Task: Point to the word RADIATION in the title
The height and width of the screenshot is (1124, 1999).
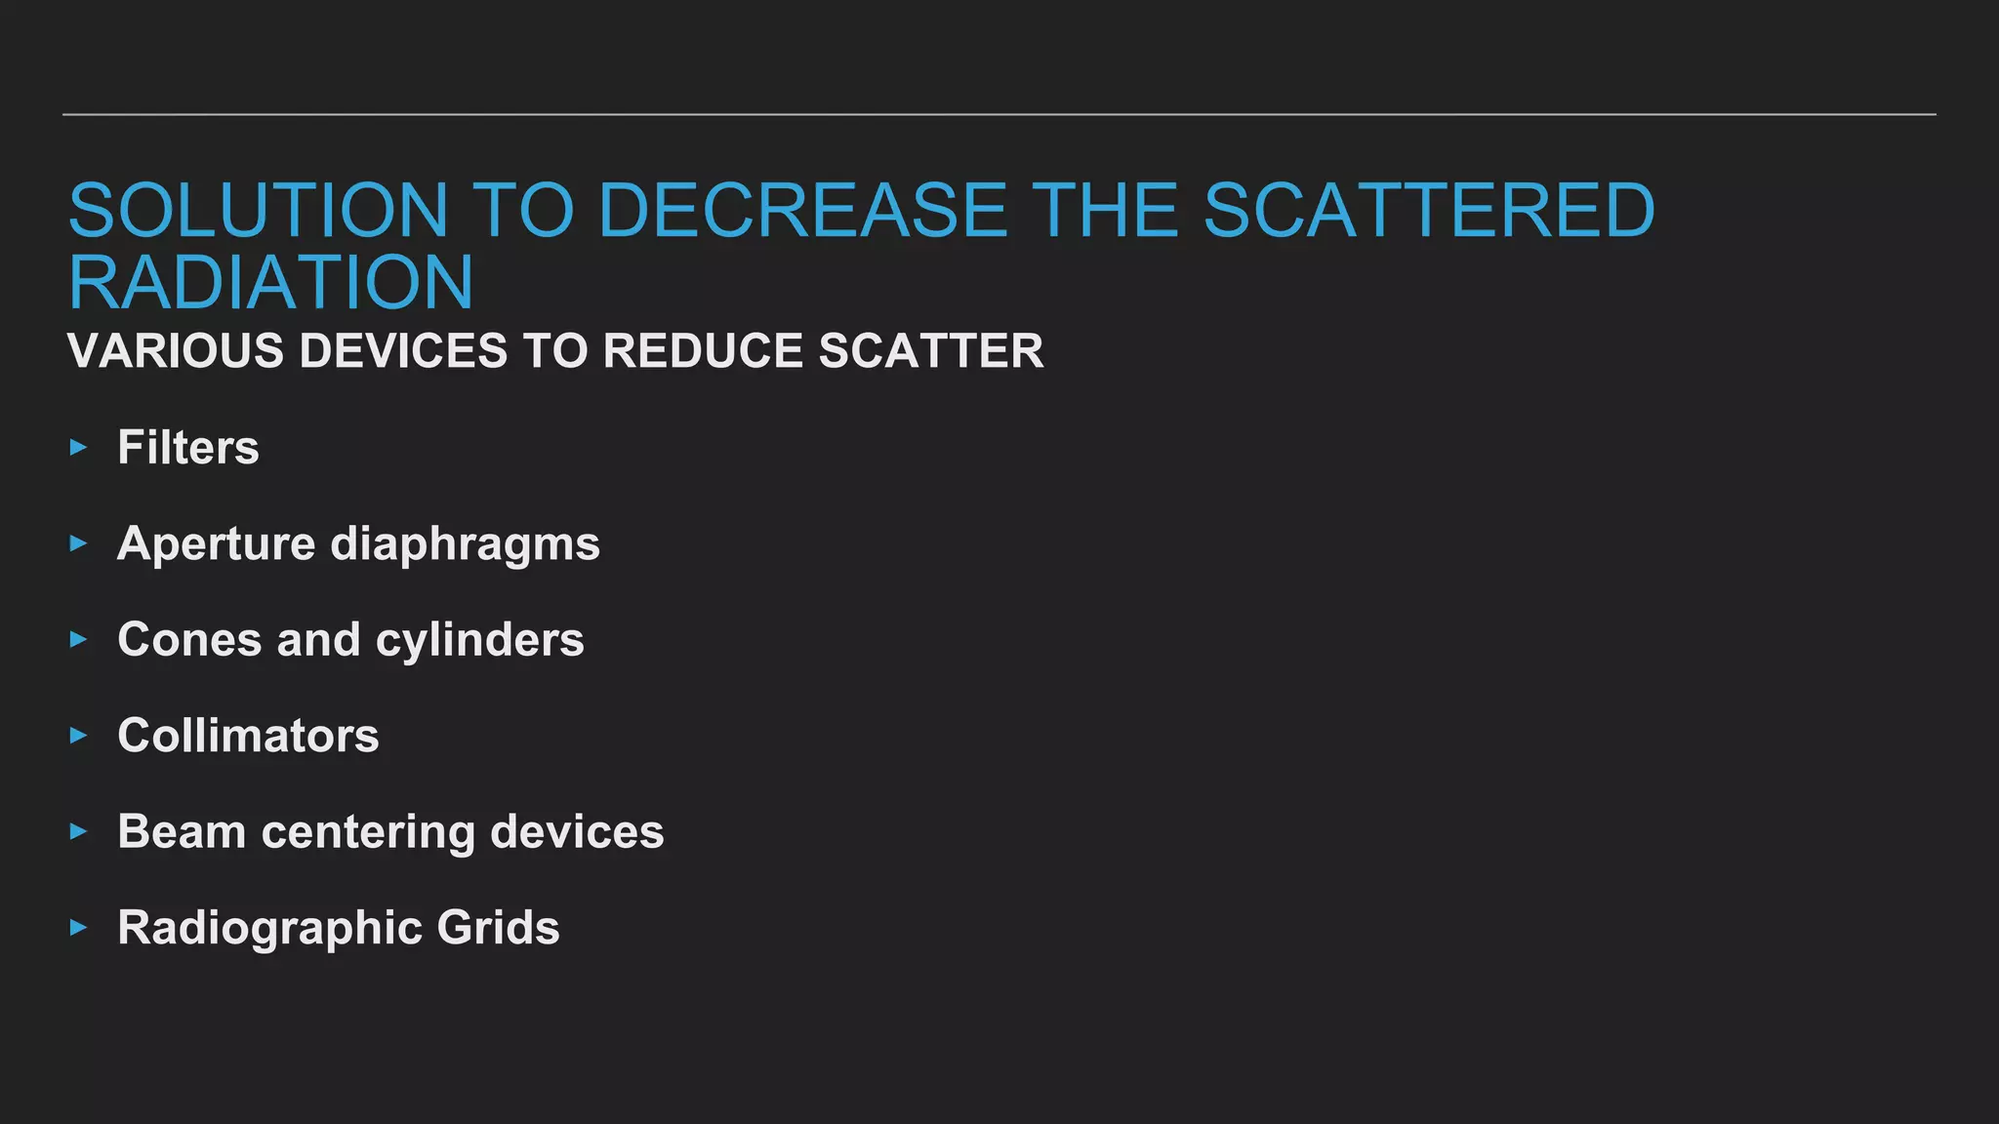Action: pyautogui.click(x=270, y=283)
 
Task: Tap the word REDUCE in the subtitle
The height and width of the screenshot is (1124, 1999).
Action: pyautogui.click(x=702, y=351)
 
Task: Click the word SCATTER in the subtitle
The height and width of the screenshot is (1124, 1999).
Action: pyautogui.click(x=931, y=351)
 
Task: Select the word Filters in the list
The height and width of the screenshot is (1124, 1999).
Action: pyautogui.click(x=188, y=448)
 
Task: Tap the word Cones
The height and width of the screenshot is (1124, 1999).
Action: pyautogui.click(x=190, y=640)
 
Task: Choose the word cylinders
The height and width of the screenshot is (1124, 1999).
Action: pyautogui.click(x=479, y=641)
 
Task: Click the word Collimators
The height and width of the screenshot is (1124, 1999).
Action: pyautogui.click(x=248, y=736)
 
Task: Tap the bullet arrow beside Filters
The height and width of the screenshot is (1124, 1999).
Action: pyautogui.click(x=79, y=448)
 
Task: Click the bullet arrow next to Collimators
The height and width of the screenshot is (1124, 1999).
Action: pyautogui.click(x=79, y=736)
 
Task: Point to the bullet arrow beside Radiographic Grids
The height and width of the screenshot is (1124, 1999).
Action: pyautogui.click(x=79, y=928)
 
